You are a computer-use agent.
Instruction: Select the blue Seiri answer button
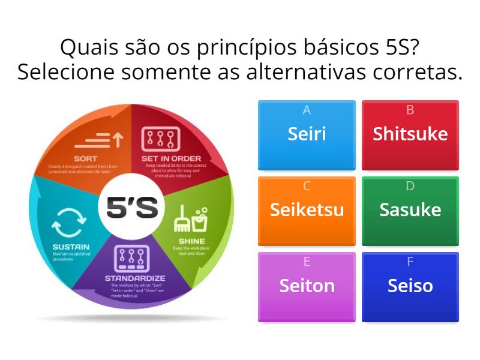tap(307, 134)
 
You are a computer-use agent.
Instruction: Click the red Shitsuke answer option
tap(410, 134)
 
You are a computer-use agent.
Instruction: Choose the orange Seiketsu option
tap(307, 211)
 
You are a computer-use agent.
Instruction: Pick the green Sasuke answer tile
tap(410, 211)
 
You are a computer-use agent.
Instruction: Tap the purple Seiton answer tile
tap(307, 286)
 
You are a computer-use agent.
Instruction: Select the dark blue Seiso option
tap(410, 286)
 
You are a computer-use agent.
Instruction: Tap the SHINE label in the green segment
tap(191, 241)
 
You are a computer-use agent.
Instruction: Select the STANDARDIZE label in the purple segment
tap(135, 278)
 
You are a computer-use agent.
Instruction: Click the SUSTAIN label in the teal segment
tap(71, 247)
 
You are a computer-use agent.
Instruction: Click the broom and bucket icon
tap(190, 220)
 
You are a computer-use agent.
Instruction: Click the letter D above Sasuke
tap(410, 186)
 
